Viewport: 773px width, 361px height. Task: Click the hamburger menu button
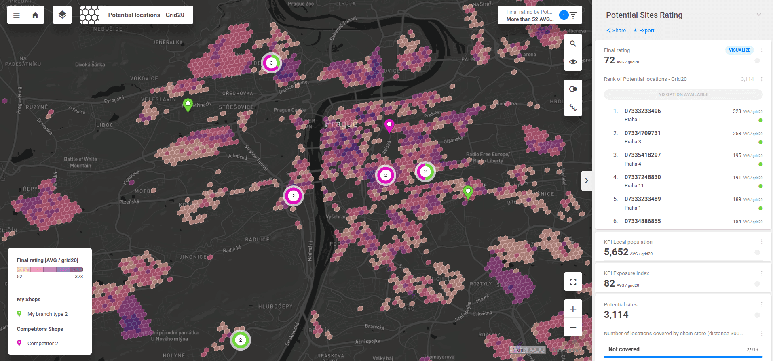click(17, 15)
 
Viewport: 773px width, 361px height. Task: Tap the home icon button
click(35, 15)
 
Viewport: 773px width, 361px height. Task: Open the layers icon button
click(62, 15)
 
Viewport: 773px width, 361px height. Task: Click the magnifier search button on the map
click(573, 44)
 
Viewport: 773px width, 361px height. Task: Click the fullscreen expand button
click(573, 282)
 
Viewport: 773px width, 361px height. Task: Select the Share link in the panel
click(616, 31)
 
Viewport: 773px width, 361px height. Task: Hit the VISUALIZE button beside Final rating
click(739, 50)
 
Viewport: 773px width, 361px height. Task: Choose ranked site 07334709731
click(642, 133)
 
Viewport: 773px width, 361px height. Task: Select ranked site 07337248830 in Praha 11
click(642, 177)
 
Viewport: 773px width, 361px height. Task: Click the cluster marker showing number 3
click(271, 63)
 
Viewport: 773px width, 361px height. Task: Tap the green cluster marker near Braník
click(241, 340)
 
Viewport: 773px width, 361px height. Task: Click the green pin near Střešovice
click(188, 104)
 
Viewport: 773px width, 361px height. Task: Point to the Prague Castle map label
click(289, 110)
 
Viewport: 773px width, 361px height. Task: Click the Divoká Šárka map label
click(90, 65)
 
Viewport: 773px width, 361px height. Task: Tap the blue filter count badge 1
click(564, 15)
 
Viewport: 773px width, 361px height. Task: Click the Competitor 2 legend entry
click(42, 344)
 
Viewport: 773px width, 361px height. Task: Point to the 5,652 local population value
click(616, 252)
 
